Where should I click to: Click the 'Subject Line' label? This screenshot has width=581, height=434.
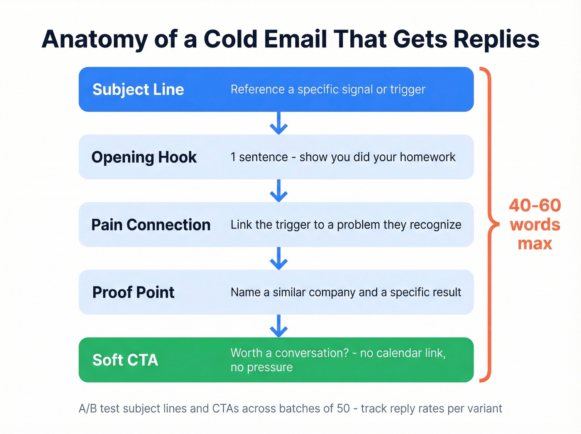pos(138,90)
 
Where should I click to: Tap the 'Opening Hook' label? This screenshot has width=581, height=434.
pos(144,157)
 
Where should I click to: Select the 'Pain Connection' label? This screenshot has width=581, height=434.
pos(151,225)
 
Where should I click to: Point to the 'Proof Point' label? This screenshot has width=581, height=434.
pos(133,292)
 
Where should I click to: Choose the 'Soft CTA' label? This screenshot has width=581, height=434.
pos(125,360)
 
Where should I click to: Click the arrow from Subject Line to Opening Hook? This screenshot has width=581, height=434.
pos(278,123)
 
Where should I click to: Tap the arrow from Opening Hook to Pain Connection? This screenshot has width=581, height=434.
pos(278,191)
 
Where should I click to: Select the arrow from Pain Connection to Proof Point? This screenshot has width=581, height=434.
pos(278,258)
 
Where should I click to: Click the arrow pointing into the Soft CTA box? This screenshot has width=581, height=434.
pos(278,326)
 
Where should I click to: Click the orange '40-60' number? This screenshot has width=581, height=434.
pos(535,206)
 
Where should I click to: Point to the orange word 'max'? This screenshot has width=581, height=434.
pos(535,244)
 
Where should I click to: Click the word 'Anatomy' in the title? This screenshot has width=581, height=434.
pos(95,40)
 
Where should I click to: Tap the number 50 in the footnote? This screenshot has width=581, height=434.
pos(343,409)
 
